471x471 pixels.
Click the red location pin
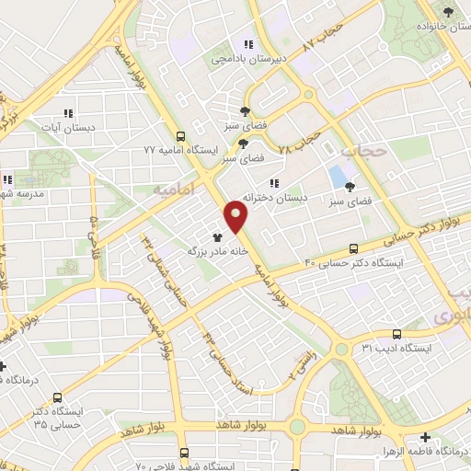(x=236, y=216)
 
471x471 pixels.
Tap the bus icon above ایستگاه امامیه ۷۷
(x=179, y=134)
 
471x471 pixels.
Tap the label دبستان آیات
(x=69, y=127)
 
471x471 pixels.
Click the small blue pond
(x=338, y=176)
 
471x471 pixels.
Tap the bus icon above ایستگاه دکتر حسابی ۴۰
(x=354, y=248)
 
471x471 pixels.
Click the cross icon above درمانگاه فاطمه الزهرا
(x=424, y=437)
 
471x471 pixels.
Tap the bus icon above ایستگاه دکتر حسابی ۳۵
(x=58, y=398)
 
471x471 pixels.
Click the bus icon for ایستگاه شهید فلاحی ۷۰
(x=185, y=453)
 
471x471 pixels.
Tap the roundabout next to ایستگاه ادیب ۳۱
(x=342, y=350)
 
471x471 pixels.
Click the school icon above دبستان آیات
(x=69, y=113)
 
